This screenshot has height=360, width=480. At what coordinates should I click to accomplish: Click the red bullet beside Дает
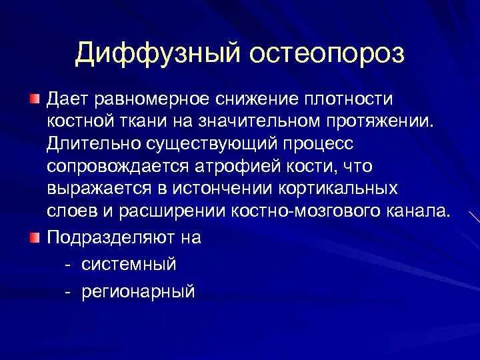point(34,99)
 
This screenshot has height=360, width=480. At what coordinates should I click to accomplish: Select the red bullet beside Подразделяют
point(34,237)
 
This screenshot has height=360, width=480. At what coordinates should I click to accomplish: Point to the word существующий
point(205,145)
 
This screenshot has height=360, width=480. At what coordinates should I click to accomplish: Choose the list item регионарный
point(139,291)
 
